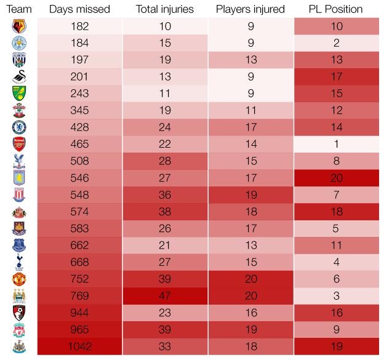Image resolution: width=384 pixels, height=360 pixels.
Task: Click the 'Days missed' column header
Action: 79,9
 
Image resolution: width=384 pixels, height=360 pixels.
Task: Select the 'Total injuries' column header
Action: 164,9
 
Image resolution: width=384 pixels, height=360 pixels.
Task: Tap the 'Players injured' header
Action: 250,9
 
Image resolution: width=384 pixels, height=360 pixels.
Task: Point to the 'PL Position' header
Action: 335,9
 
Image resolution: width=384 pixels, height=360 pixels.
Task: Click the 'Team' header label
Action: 18,9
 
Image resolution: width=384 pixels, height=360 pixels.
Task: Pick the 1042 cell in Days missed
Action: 79,346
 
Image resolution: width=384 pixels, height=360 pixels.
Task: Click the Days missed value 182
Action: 79,26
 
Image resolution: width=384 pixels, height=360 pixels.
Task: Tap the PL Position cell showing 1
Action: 336,144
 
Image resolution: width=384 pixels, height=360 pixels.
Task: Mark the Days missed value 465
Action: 79,144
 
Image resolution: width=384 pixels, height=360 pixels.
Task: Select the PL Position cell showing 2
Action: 336,43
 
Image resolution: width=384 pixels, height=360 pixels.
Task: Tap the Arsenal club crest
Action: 18,144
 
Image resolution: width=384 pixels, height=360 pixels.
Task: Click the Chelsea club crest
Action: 18,127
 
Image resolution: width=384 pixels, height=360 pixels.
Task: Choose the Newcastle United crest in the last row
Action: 18,346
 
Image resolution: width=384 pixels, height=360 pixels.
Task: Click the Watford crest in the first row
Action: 18,26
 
